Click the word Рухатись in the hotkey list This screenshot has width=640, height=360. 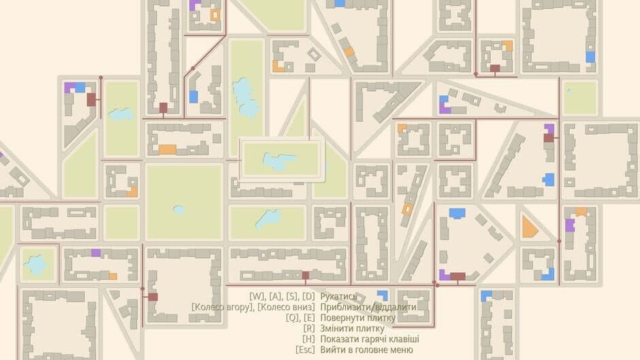click(x=338, y=296)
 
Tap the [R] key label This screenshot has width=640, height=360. click(x=309, y=329)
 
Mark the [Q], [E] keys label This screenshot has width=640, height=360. click(x=300, y=318)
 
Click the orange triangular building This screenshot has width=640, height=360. click(x=529, y=227)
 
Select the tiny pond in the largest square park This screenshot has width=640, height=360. click(x=178, y=210)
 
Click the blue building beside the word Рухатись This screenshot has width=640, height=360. click(x=383, y=295)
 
